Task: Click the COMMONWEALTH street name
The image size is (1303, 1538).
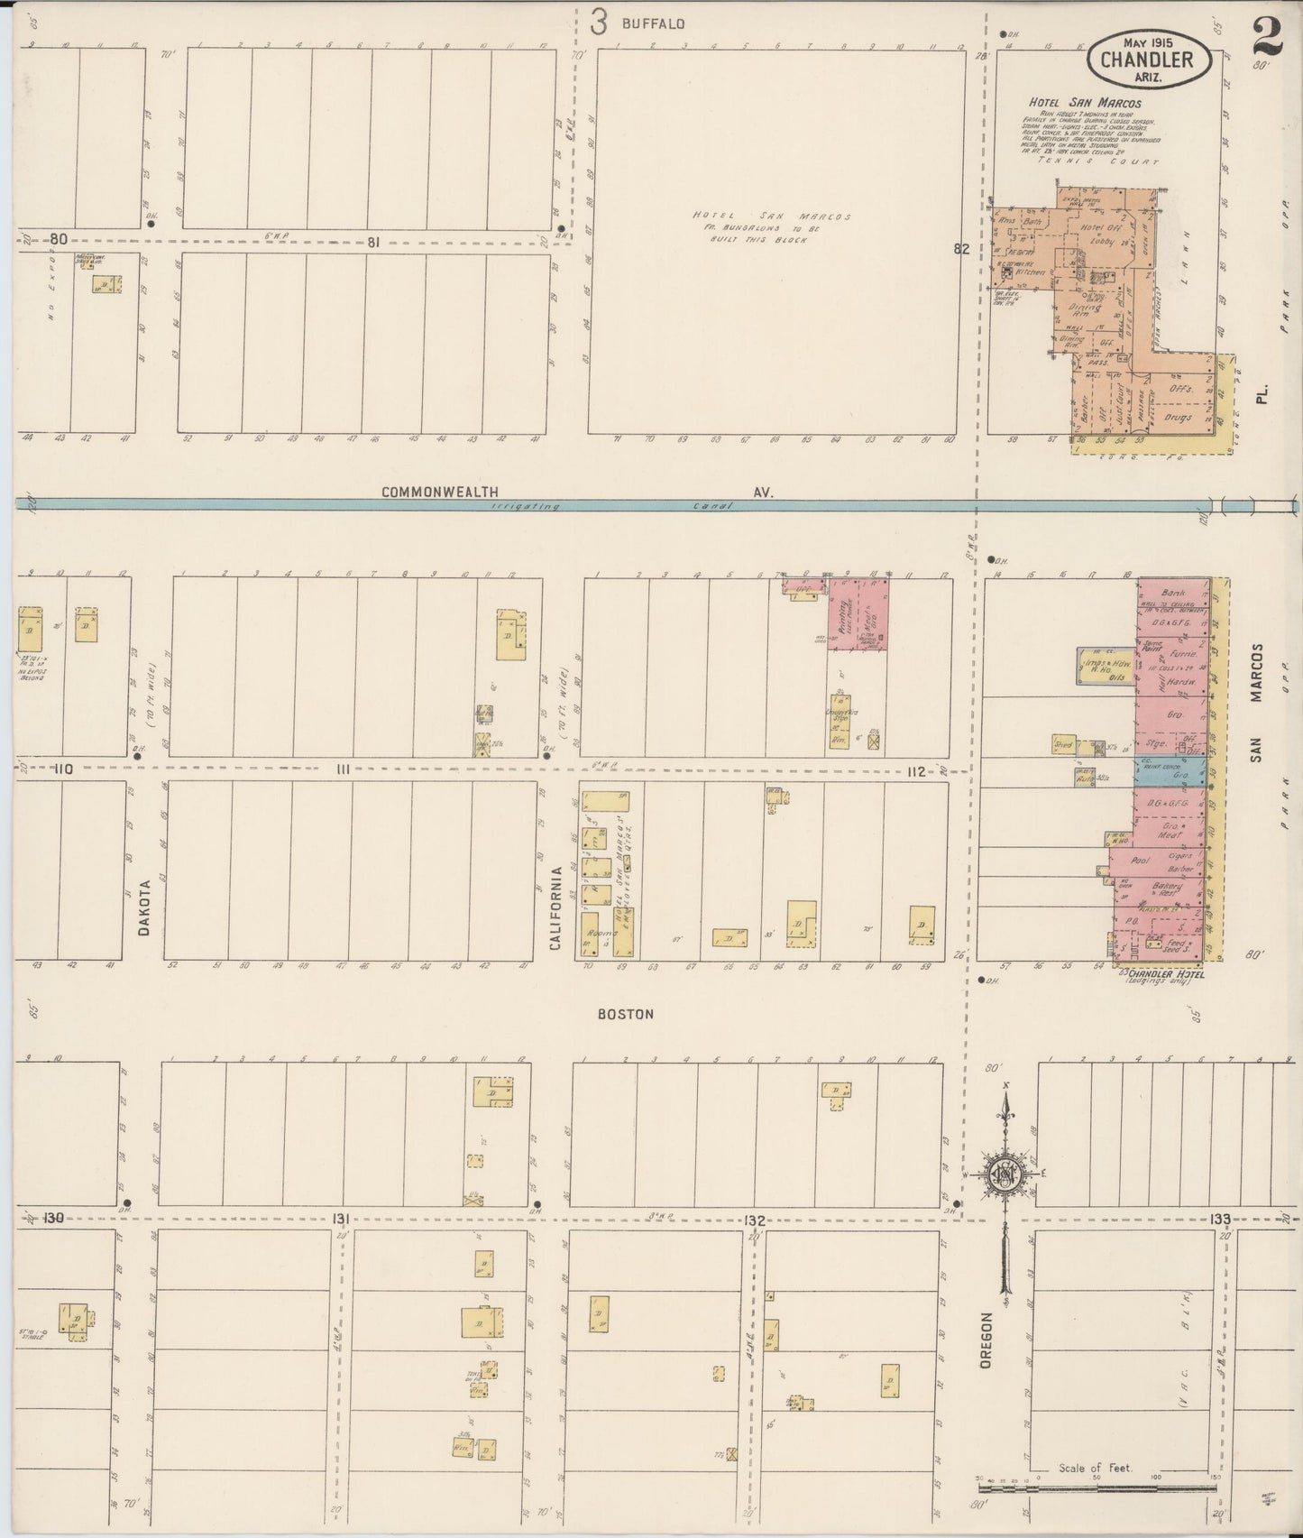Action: [441, 492]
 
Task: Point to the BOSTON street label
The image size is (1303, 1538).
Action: [626, 1014]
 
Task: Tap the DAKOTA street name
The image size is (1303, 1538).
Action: [143, 907]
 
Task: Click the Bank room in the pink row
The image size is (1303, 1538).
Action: [1172, 594]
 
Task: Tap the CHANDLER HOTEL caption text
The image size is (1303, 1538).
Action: [1163, 975]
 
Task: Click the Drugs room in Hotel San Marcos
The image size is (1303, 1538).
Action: [1178, 418]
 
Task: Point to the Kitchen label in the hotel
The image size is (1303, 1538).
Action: [1030, 271]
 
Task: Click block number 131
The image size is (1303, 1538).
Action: [341, 1219]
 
